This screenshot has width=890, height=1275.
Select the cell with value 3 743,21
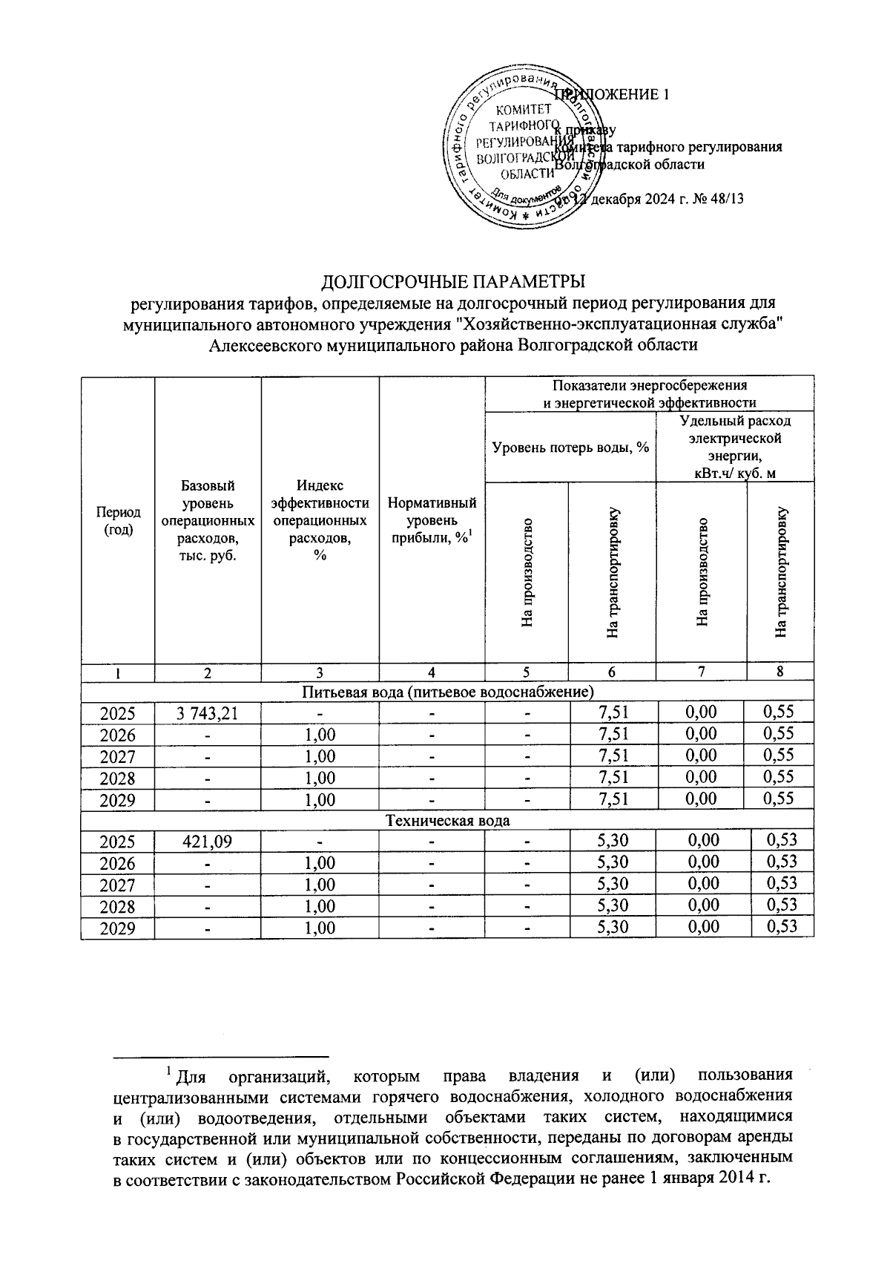tap(208, 713)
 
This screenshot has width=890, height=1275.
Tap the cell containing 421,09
tap(208, 842)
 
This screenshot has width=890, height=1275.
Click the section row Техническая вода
tap(447, 821)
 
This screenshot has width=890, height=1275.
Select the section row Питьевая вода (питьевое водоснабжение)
tap(447, 692)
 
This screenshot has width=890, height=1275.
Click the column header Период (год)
tap(118, 520)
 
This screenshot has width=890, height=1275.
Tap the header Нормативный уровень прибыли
tap(432, 520)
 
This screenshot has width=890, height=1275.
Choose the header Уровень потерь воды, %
tap(570, 448)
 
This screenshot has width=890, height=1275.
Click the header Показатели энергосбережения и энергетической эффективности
tap(650, 394)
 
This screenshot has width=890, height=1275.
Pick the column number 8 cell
tap(779, 672)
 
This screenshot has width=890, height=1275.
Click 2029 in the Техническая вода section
tap(118, 928)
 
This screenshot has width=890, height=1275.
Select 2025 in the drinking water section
tap(118, 713)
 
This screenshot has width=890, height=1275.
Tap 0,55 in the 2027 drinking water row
tap(779, 756)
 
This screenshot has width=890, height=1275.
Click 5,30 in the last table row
tap(613, 927)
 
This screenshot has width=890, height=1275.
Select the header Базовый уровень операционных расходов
tap(208, 520)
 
